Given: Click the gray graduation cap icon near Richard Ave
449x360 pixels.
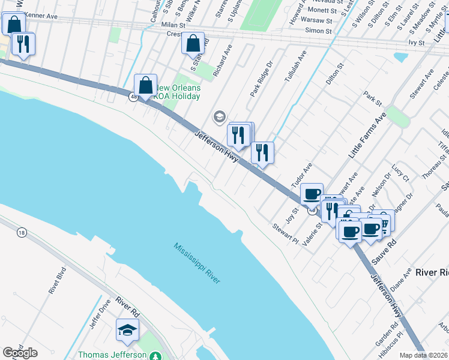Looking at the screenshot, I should [x=220, y=116].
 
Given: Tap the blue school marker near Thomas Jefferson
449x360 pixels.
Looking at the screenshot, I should [x=127, y=329].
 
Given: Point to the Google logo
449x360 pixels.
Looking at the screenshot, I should [x=20, y=353].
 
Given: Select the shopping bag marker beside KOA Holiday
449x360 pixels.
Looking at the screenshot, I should [x=145, y=86].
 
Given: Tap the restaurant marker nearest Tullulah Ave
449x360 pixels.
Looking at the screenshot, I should [x=262, y=152].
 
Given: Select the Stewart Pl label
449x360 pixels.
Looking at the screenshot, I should [x=285, y=233].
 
